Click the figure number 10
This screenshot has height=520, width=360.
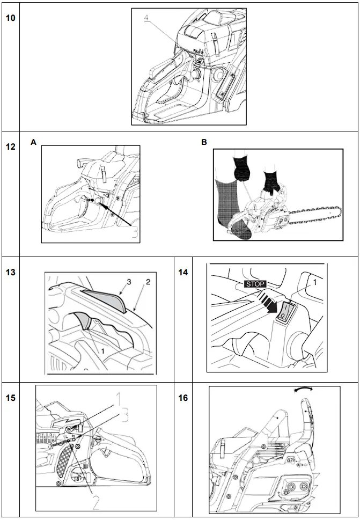coord(10,18)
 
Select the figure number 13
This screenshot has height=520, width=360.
coord(10,272)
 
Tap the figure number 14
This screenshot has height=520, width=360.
coord(183,272)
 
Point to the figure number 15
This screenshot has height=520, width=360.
coord(10,398)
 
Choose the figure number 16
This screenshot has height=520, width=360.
coord(183,398)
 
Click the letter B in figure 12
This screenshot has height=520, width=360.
coord(204,142)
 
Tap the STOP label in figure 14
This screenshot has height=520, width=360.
coord(255,284)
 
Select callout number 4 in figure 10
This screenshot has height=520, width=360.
coord(147,18)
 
